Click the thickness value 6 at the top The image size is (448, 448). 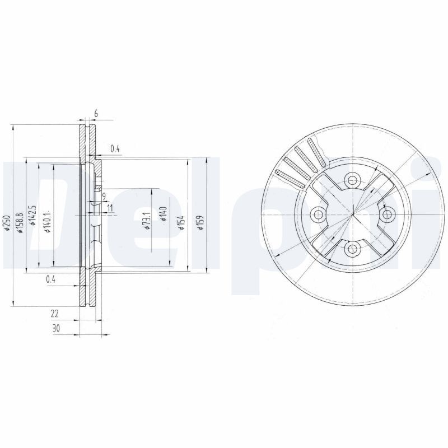tap(96, 114)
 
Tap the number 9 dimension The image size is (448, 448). tap(104, 195)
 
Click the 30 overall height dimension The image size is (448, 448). tap(56, 329)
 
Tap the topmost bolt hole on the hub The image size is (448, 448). tap(352, 180)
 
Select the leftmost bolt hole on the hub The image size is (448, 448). tap(318, 214)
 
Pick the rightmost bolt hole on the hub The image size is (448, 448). tap(386, 214)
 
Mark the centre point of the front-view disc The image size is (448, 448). tap(352, 214)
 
